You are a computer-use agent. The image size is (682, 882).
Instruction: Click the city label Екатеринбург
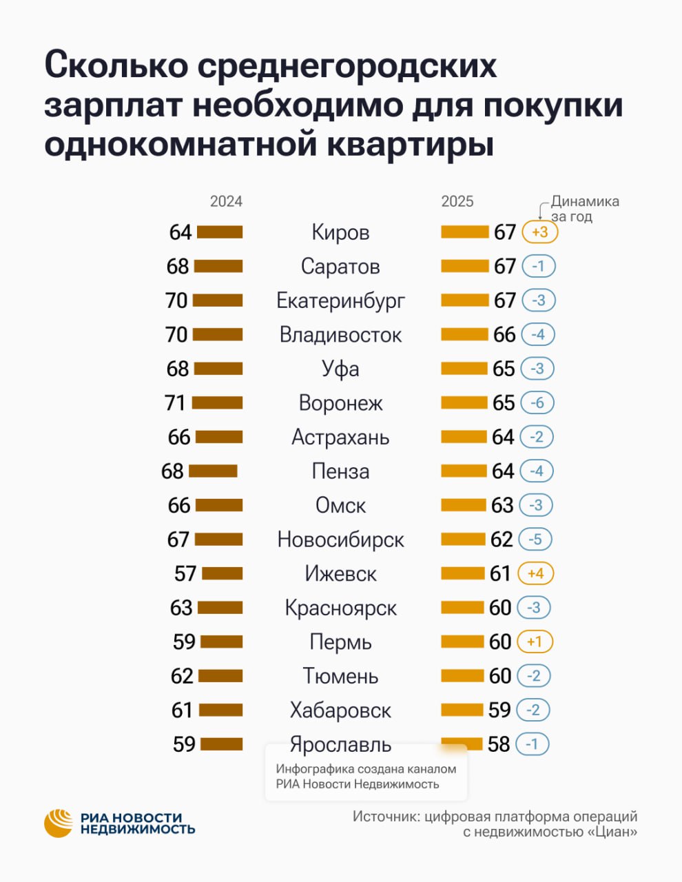[x=340, y=300]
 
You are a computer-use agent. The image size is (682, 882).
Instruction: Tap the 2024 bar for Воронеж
[x=217, y=402]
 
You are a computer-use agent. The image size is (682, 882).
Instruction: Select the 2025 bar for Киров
[x=464, y=232]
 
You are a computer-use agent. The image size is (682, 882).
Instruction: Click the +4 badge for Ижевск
[x=535, y=573]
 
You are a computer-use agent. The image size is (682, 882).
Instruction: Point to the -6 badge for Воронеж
[x=537, y=402]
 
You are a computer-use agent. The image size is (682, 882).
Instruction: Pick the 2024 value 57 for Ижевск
[x=185, y=573]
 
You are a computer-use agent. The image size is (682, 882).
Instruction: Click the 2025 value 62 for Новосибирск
[x=502, y=539]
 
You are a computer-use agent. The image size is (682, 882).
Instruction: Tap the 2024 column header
[x=226, y=201]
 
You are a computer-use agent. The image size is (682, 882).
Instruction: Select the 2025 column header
[x=457, y=201]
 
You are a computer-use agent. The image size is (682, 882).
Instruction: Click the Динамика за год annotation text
[x=584, y=209]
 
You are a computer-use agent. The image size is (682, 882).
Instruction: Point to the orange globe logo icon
[x=59, y=823]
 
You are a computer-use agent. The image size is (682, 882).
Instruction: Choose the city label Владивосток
[x=340, y=335]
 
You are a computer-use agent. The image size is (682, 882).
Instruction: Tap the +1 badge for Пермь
[x=535, y=642]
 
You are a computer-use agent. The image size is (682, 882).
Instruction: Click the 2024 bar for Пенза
[x=213, y=471]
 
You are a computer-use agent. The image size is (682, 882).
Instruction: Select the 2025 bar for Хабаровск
[x=462, y=710]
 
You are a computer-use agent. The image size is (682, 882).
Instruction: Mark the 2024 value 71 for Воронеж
[x=176, y=402]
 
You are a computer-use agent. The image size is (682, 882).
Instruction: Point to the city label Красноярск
[x=340, y=608]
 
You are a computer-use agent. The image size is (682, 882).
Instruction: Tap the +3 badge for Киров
[x=539, y=232]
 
